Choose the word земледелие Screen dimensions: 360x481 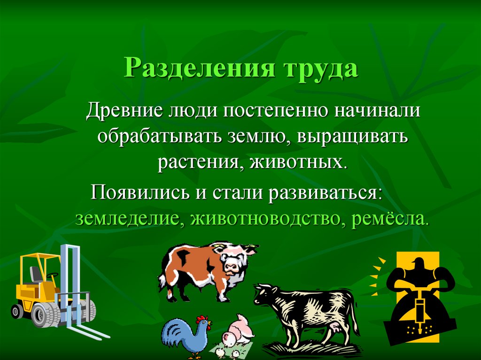click(x=128, y=218)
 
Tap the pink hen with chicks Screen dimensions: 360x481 click(x=238, y=334)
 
